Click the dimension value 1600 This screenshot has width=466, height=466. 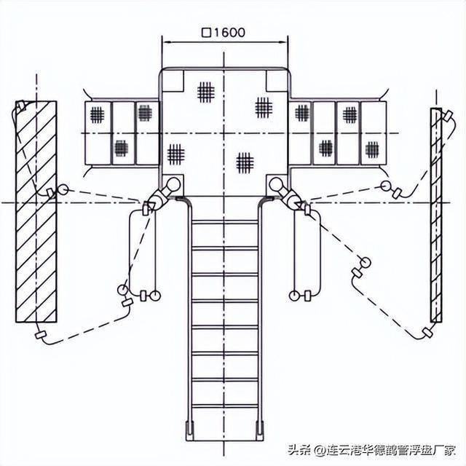pyautogui.click(x=229, y=32)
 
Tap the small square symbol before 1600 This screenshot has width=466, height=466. pyautogui.click(x=206, y=32)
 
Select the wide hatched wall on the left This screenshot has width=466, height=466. pyautogui.click(x=36, y=212)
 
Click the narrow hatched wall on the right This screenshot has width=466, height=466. pyautogui.click(x=436, y=216)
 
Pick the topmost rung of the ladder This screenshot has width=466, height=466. pyautogui.click(x=225, y=222)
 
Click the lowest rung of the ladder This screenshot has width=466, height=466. pyautogui.click(x=225, y=406)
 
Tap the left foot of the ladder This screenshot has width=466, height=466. pyautogui.click(x=190, y=430)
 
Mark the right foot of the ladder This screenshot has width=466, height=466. pyautogui.click(x=261, y=430)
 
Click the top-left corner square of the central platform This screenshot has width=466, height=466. pyautogui.click(x=173, y=81)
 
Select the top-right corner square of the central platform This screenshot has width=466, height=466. pyautogui.click(x=277, y=81)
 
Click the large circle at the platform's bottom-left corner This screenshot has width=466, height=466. pyautogui.click(x=173, y=184)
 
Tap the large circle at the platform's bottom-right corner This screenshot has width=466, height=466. pyautogui.click(x=277, y=184)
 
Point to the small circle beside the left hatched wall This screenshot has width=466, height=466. pyautogui.click(x=63, y=189)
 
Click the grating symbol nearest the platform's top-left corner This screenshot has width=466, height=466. pyautogui.click(x=206, y=92)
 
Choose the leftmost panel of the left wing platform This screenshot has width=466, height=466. pyautogui.click(x=98, y=133)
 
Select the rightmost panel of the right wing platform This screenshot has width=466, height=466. pyautogui.click(x=374, y=133)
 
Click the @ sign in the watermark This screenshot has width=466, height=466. pyautogui.click(x=320, y=450)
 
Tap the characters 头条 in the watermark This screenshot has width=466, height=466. pyautogui.click(x=299, y=450)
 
